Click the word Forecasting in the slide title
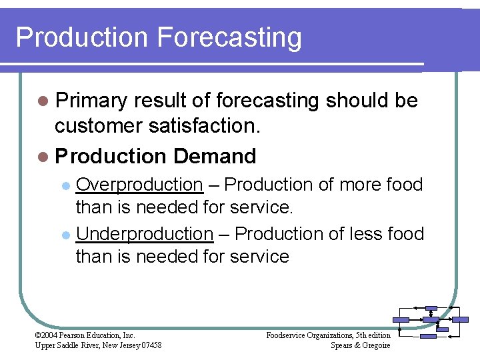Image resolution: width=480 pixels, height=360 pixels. pyautogui.click(x=229, y=37)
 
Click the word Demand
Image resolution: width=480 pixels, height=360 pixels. pyautogui.click(x=214, y=157)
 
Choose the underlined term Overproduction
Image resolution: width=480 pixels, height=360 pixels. pyautogui.click(x=139, y=185)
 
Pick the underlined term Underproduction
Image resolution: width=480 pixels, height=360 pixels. pyautogui.click(x=145, y=234)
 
